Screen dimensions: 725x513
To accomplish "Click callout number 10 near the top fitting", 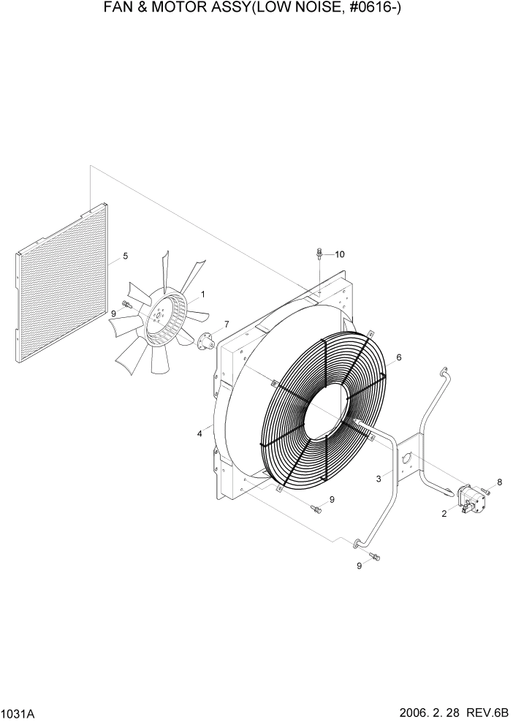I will click(x=340, y=254).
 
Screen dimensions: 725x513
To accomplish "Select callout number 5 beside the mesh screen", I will click(x=125, y=256).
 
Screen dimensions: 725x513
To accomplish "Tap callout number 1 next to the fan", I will click(x=202, y=294).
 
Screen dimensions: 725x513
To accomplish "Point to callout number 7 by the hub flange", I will click(x=227, y=324).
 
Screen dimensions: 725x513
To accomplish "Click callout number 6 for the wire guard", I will click(x=399, y=357).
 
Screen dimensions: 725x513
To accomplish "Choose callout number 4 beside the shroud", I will click(x=199, y=434).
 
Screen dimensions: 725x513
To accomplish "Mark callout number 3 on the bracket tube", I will click(x=379, y=479).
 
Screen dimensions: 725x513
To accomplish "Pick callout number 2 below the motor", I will click(x=444, y=514).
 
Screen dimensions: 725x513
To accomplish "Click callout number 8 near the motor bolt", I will click(x=500, y=482).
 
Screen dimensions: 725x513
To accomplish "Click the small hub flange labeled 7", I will click(x=205, y=339).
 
